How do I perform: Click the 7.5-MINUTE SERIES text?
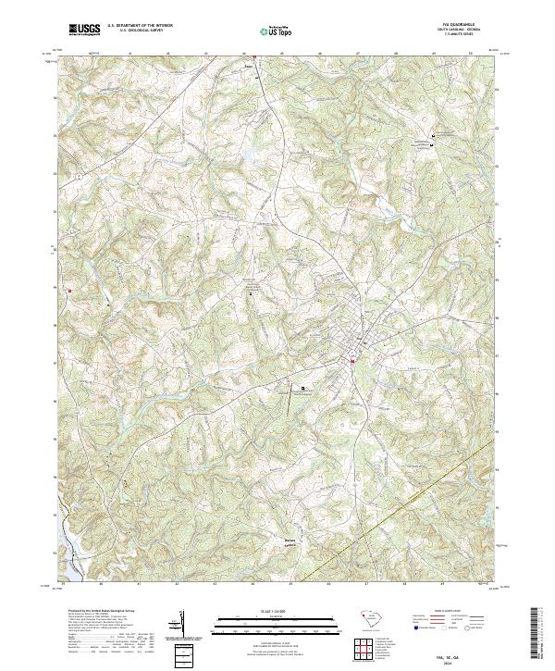[453, 37]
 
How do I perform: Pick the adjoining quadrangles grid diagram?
[363, 652]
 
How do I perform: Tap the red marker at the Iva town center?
[352, 361]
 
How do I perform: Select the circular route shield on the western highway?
[80, 173]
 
